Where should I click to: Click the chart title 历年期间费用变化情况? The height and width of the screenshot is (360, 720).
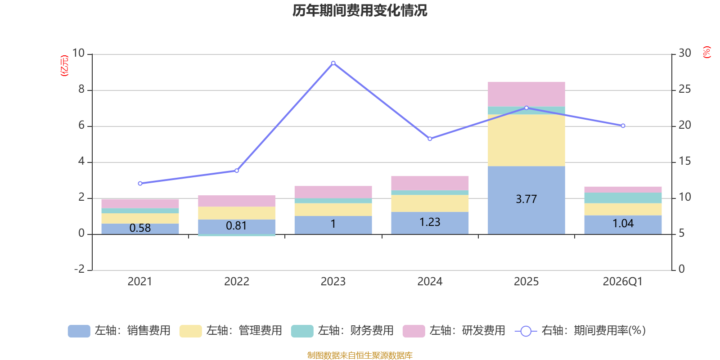coord(360,11)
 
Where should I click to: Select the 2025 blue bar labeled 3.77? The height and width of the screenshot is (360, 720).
coord(526,200)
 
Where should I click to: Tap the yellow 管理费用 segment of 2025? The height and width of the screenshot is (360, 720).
coord(526,140)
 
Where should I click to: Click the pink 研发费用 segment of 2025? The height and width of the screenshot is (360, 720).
coord(526,94)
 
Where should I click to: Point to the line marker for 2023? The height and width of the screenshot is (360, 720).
coord(333,63)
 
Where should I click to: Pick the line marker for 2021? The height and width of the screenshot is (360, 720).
coord(140,184)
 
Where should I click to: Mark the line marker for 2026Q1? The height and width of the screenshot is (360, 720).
coord(623,126)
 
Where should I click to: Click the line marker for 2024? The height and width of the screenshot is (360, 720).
coord(430,139)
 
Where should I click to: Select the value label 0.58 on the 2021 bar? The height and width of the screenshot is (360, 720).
coord(140,228)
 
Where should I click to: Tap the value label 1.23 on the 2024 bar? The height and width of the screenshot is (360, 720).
coord(430,222)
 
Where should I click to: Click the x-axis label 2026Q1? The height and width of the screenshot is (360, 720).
coord(623,282)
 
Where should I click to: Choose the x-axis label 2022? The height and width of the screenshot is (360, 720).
coord(237,282)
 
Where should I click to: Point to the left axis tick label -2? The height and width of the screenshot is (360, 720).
coord(79,269)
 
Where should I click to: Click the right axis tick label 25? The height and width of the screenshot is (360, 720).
coord(684,89)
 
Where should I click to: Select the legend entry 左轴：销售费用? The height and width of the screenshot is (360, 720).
coord(119,331)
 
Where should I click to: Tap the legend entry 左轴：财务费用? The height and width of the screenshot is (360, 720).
coord(342,331)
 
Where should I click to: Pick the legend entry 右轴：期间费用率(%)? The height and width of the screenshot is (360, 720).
coord(580,331)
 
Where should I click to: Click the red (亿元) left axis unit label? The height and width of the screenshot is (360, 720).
coord(64,66)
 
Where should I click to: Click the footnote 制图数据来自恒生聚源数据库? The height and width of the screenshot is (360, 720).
coord(360,355)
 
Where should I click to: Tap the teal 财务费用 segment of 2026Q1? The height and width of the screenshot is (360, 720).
coord(623,198)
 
